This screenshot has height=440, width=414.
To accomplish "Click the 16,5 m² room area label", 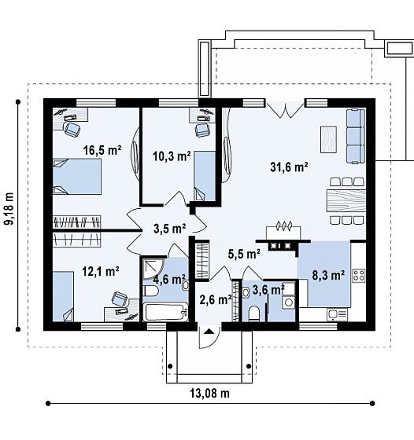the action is tap(102, 150).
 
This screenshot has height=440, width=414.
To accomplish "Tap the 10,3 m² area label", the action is tap(172, 156).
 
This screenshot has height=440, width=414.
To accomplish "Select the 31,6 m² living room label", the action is tap(289, 167).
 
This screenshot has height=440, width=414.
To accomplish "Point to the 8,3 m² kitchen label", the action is tap(328, 275).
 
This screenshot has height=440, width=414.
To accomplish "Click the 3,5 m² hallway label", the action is tap(169, 229).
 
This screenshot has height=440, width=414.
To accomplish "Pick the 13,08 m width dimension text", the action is tap(209, 393).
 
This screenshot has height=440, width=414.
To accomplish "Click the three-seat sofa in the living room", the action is tap(356, 136).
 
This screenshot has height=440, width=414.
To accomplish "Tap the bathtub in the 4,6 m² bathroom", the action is tap(165, 311).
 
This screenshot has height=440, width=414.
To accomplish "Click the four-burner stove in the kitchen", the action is tap(359, 276).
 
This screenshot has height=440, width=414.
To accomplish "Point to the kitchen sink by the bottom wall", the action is tap(337, 314).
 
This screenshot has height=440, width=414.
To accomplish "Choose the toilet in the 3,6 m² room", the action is tap(254, 313).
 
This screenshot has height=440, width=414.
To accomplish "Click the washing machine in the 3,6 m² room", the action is tap(288, 302).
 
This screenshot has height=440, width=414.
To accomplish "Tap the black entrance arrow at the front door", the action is tap(209, 332).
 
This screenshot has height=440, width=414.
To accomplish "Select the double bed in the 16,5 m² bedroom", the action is tap(77, 177).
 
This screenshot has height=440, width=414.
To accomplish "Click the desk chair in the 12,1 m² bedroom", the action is tap(120, 299).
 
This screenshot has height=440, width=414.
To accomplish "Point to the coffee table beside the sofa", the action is tap(328, 140).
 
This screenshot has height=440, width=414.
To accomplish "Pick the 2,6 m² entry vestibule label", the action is tap(216, 299).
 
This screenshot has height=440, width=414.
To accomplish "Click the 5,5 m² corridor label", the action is tap(244, 254).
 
